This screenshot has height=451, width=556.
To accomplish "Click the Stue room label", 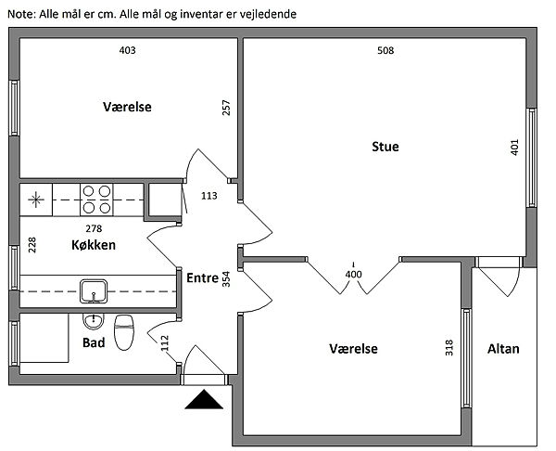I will pos(385,147).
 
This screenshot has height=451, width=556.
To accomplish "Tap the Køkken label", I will pos(93,245).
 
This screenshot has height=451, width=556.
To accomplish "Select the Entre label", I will pos(202,277).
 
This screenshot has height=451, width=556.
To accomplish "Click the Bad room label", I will pos(93,342).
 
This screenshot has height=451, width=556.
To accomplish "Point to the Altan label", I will pos(503,349).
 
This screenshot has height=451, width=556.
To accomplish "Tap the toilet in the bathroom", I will pos(124,329).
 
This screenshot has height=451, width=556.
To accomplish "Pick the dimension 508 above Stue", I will pos(386,51).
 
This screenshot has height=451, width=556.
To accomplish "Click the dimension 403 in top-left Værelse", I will pos(128,51).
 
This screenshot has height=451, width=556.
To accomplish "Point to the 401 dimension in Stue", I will pos(515,148).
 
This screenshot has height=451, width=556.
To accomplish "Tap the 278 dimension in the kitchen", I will pos(93,228).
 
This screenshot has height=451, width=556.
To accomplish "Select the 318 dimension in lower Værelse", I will pos(449,348).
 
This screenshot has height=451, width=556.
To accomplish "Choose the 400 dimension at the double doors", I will pos(353,275).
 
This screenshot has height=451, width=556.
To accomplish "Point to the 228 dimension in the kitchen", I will pos(32,244).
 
